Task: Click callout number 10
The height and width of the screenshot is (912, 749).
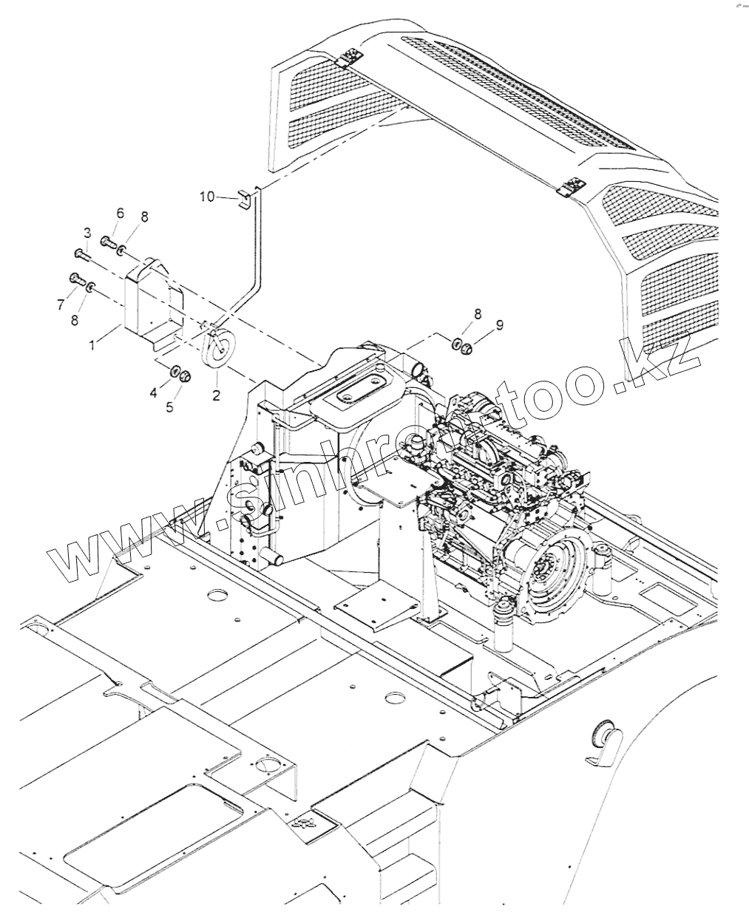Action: pyautogui.click(x=206, y=196)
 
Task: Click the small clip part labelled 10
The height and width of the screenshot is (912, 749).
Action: pyautogui.click(x=242, y=199)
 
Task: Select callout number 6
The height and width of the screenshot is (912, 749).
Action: pyautogui.click(x=120, y=213)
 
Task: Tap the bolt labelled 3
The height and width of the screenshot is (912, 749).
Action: pyautogui.click(x=81, y=254)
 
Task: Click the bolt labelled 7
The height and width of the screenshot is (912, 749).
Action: pyautogui.click(x=75, y=279)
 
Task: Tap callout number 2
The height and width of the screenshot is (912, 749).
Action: pyautogui.click(x=216, y=395)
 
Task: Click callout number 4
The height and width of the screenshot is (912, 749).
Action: pyautogui.click(x=154, y=393)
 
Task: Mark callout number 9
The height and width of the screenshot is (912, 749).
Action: pyautogui.click(x=500, y=324)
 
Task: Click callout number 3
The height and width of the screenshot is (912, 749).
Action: pyautogui.click(x=87, y=233)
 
